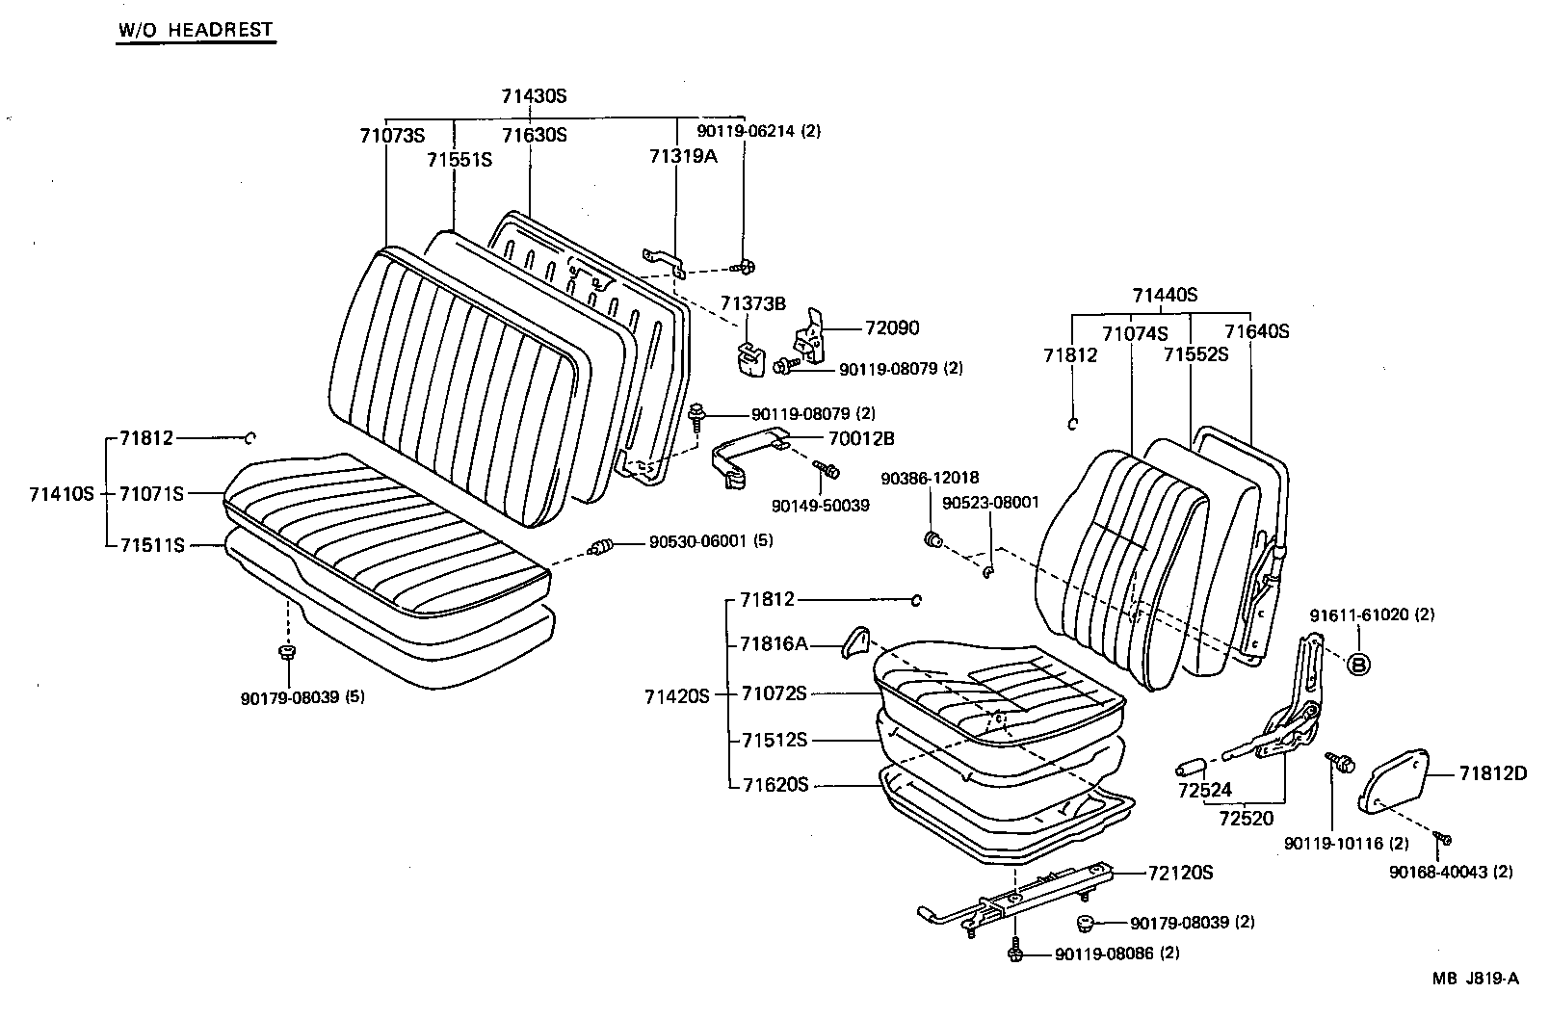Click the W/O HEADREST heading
coord(196,30)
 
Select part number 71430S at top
coord(534,96)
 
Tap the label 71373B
coord(753,303)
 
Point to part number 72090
coord(892,327)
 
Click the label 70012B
coord(861,438)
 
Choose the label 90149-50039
coord(820,505)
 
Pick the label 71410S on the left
coord(62,493)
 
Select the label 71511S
coord(151,545)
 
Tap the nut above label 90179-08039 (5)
coord(286,653)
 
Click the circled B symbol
coord(1357,664)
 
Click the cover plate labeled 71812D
coord(1396,782)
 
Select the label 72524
coord(1204,791)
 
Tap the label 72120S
coord(1179,874)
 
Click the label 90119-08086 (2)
coord(1116,954)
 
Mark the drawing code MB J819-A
coord(1474,980)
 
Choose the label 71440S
coord(1164,295)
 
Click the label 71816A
coord(774,643)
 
